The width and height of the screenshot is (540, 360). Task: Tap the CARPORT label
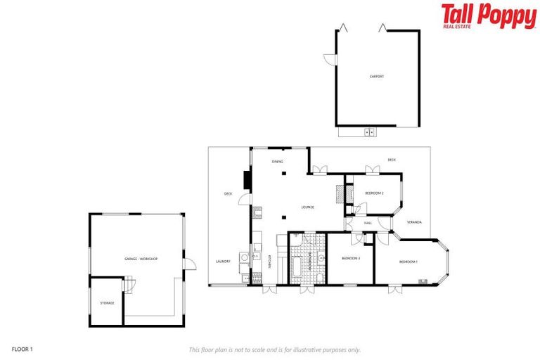(377, 76)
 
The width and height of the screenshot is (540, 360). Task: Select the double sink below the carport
(368, 131)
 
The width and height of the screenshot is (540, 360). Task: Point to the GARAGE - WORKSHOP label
(141, 259)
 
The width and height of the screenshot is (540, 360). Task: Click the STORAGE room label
(107, 302)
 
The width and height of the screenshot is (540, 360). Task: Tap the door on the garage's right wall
(188, 264)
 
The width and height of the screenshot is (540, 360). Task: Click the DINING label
(278, 162)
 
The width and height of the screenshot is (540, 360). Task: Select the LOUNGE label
(307, 207)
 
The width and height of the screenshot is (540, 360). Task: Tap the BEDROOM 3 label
(351, 259)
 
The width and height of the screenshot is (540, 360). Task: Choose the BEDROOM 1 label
(408, 262)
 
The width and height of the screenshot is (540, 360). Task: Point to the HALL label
(368, 223)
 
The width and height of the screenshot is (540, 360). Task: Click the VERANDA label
(414, 222)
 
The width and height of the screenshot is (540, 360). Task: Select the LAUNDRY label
(223, 262)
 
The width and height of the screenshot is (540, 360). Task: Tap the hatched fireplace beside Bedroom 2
(340, 193)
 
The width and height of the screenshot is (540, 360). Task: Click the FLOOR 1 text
(22, 348)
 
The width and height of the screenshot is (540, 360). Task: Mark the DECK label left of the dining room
(228, 194)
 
